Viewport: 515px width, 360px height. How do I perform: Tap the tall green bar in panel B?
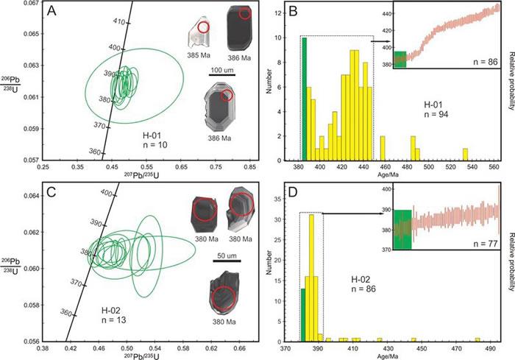click(284, 99)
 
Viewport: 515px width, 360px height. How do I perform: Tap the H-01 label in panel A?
click(152, 135)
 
